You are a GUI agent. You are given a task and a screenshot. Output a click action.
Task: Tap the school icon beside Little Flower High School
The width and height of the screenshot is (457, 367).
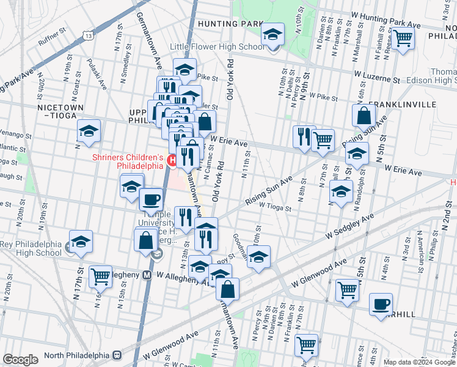click(273, 35)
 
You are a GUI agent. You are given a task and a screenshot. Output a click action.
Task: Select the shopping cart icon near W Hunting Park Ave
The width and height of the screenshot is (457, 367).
click(403, 38)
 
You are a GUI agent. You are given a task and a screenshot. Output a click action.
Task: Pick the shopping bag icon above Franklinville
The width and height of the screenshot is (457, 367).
click(364, 116)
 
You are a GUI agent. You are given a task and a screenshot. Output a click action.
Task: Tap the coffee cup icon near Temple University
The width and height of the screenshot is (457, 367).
click(151, 199)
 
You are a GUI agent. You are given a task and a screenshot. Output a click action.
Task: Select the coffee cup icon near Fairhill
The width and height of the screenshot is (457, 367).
click(381, 304)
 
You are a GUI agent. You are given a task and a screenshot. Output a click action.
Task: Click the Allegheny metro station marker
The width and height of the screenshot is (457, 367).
click(147, 275)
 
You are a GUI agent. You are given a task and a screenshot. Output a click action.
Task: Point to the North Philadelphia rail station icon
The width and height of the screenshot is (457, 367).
click(117, 355)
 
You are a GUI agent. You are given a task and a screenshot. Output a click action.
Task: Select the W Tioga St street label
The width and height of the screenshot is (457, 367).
click(275, 207)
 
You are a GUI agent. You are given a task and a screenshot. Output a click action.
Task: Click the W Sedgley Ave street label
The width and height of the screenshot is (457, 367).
click(349, 226)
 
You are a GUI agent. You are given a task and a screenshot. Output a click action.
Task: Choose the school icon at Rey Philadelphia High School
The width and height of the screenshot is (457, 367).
click(80, 242)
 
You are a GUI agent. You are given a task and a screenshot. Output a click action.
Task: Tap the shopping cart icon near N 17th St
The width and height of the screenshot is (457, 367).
click(101, 276)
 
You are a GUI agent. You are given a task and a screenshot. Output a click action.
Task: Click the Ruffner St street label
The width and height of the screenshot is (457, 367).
click(51, 43)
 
